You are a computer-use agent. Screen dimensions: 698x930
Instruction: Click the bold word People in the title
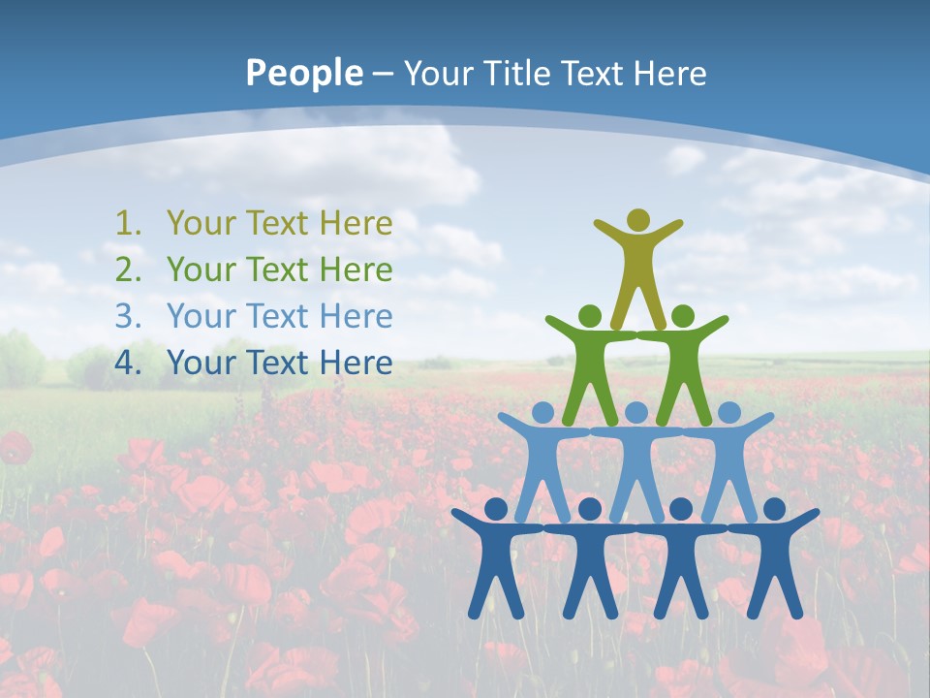click(x=303, y=73)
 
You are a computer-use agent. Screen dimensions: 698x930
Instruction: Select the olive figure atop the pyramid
click(x=637, y=267)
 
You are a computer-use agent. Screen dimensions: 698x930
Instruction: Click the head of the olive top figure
click(x=637, y=220)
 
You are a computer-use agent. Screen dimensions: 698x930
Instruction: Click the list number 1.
click(x=128, y=224)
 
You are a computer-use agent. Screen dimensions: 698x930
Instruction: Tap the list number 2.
click(x=128, y=270)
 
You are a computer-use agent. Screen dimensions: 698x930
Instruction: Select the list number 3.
click(x=128, y=317)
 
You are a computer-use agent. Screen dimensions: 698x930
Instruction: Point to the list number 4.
click(x=128, y=364)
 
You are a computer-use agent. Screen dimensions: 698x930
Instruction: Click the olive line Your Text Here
click(x=279, y=224)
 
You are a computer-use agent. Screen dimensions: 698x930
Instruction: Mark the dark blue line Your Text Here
click(x=279, y=364)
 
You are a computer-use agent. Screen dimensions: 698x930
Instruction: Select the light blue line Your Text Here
click(x=279, y=317)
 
